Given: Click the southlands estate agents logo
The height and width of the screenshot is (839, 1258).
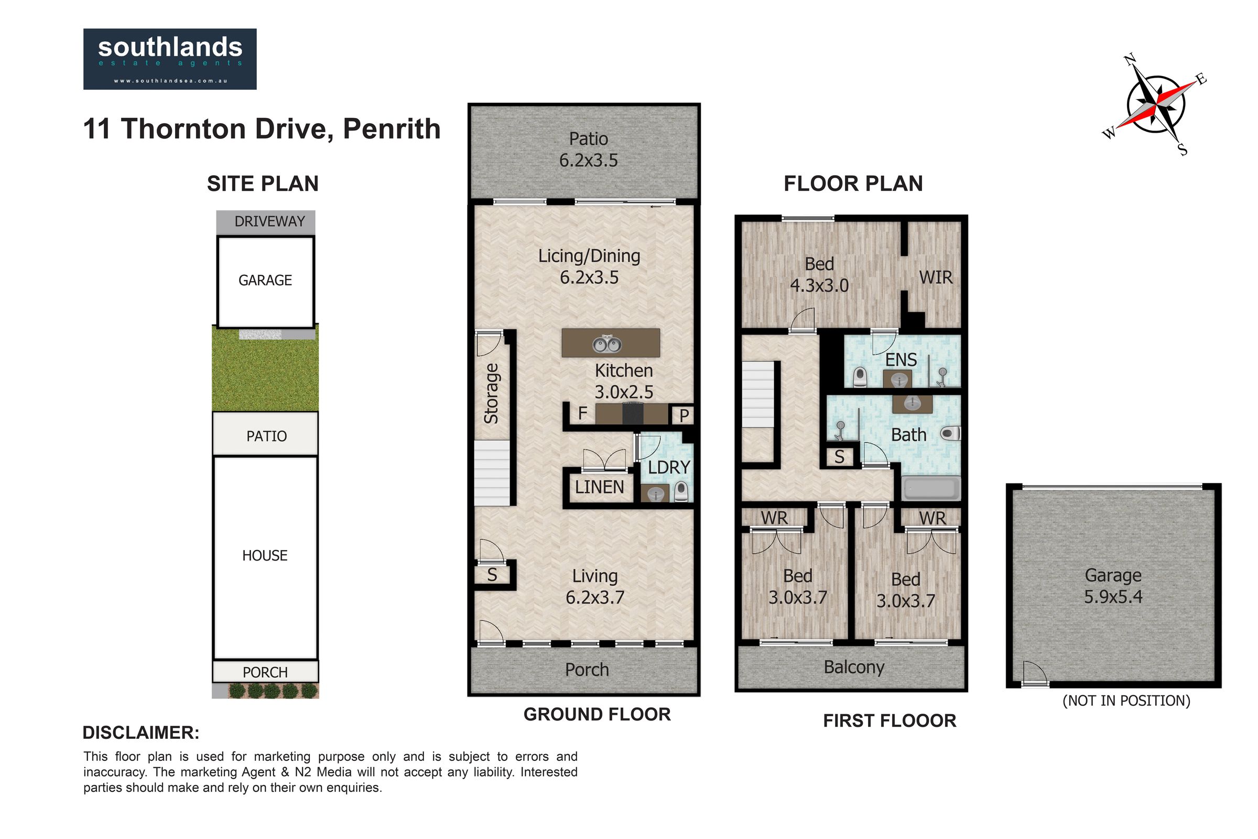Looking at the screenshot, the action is pyautogui.click(x=170, y=59).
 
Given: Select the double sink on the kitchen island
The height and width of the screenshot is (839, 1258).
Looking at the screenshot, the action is pyautogui.click(x=607, y=344).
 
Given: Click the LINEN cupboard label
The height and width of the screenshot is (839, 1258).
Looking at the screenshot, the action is pyautogui.click(x=600, y=487).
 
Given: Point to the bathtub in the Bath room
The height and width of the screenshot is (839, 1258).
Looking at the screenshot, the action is pyautogui.click(x=931, y=489).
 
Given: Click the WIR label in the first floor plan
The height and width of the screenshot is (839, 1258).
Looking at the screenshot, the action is pyautogui.click(x=936, y=277).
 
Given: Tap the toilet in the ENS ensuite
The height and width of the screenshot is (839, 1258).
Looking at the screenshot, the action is pyautogui.click(x=860, y=377).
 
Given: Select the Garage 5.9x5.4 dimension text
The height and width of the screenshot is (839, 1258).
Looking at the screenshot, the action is pyautogui.click(x=1113, y=596).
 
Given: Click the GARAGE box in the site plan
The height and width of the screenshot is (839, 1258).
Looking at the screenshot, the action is pyautogui.click(x=265, y=282).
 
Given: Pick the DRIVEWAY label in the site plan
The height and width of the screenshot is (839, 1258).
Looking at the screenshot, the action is pyautogui.click(x=269, y=221).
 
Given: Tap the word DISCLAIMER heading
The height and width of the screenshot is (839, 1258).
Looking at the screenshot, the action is pyautogui.click(x=140, y=733).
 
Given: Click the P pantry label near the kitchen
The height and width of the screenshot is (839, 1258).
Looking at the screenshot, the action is pyautogui.click(x=684, y=416).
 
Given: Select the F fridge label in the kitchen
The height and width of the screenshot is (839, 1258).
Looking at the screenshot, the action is pyautogui.click(x=582, y=413).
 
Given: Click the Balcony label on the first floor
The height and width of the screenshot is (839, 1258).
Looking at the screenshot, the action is pyautogui.click(x=854, y=667).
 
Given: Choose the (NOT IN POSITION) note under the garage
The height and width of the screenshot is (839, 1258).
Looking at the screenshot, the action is pyautogui.click(x=1126, y=701).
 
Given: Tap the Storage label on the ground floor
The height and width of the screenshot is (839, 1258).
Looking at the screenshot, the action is pyautogui.click(x=491, y=393).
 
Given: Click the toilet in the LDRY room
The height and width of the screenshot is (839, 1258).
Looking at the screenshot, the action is pyautogui.click(x=681, y=491).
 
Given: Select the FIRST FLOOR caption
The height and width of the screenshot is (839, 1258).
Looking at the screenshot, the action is pyautogui.click(x=890, y=720).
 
